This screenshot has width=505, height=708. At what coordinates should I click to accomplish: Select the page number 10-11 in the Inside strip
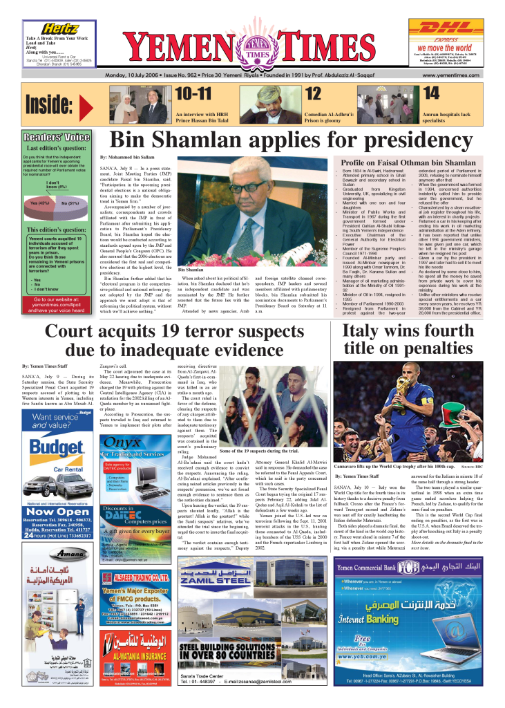coord(195,93)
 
